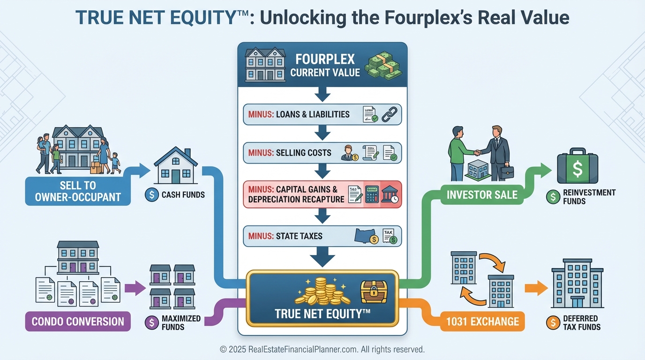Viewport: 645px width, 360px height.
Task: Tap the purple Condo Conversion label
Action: click(x=78, y=322)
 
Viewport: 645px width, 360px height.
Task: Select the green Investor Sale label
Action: click(x=482, y=194)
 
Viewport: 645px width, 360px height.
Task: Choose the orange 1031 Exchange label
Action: click(x=482, y=322)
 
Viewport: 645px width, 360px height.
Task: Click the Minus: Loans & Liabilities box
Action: click(x=322, y=114)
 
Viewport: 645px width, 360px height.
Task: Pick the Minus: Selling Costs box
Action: click(x=322, y=153)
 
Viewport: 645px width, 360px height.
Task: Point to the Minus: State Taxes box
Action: click(x=322, y=236)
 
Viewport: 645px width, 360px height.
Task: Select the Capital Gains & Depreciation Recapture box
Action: click(x=322, y=194)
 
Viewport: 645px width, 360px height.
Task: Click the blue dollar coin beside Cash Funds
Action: click(x=152, y=195)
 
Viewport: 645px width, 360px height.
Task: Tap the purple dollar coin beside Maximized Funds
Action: click(x=152, y=322)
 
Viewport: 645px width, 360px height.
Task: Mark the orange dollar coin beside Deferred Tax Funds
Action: click(x=553, y=322)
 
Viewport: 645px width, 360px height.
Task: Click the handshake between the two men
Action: click(x=477, y=152)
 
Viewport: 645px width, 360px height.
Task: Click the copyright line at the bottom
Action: click(x=322, y=349)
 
